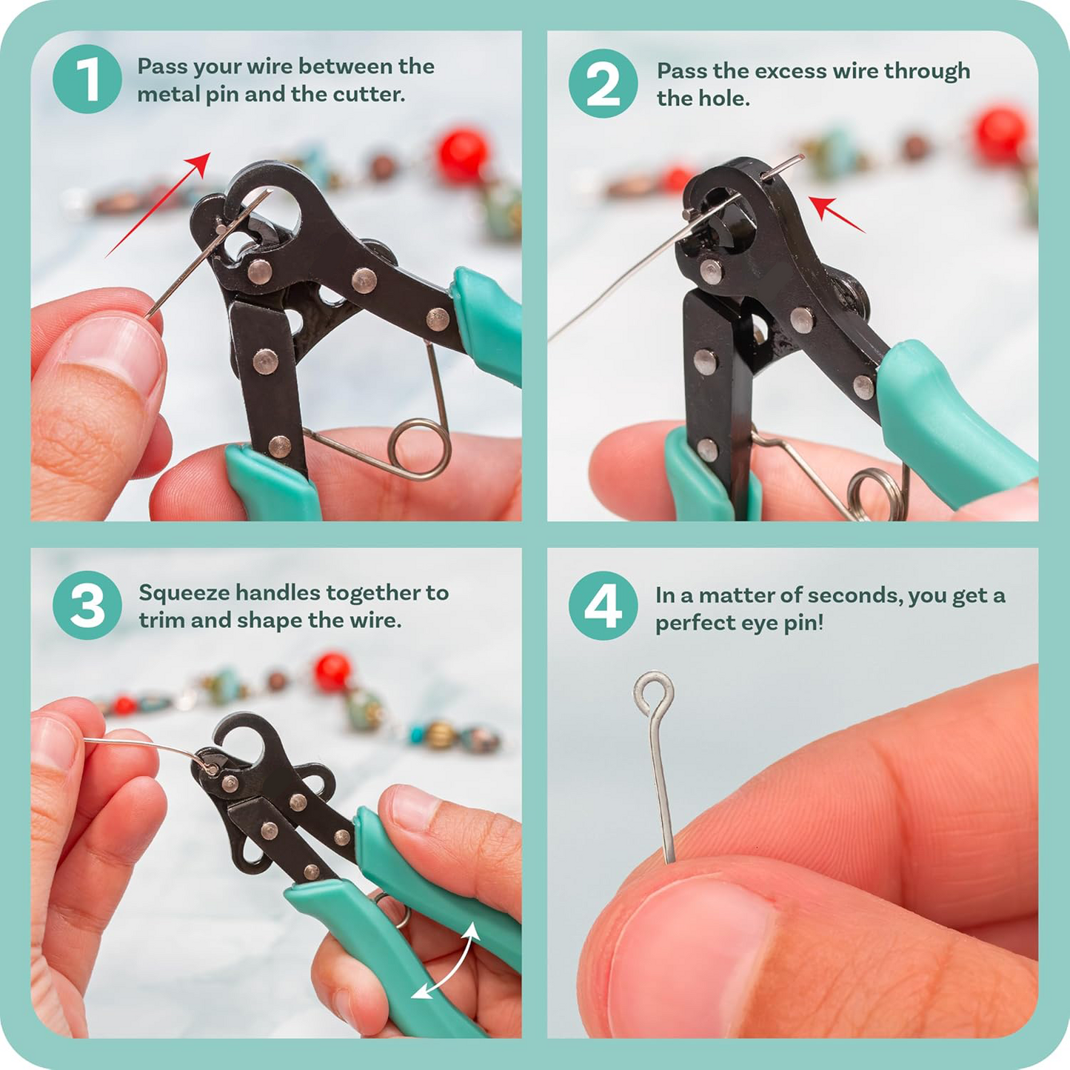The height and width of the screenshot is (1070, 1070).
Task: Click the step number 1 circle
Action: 87,79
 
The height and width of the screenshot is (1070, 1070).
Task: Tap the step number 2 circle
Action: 603,83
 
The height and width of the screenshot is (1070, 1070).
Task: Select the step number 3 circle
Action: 87,605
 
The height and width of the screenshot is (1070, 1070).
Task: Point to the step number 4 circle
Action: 603,605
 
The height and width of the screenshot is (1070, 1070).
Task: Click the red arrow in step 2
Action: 836,214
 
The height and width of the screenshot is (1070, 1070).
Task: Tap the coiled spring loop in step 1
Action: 420,449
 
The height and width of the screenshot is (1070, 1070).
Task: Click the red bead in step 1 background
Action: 463,155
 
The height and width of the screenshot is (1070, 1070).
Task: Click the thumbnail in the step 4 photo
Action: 689,955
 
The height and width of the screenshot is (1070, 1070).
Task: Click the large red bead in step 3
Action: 332,671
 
